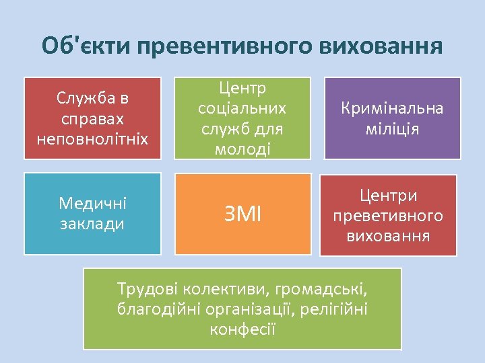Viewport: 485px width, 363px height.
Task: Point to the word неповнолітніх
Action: point(92,138)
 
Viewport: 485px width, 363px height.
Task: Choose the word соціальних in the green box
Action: point(243,108)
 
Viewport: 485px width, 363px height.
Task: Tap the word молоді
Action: point(243,148)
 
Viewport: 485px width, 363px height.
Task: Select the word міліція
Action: point(393,128)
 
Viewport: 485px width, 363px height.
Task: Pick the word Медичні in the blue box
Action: point(92,203)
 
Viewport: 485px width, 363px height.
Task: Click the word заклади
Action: point(92,223)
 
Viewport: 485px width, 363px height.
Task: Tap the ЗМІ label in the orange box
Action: point(243,215)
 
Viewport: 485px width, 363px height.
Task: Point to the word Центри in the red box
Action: point(388,195)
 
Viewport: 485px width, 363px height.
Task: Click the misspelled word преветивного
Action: point(388,215)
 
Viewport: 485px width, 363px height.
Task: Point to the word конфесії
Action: point(243,330)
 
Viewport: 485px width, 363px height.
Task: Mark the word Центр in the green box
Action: point(243,88)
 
